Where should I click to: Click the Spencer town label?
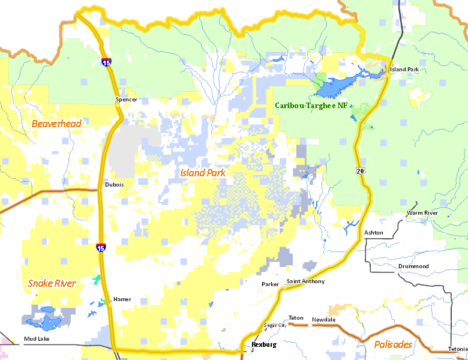pos(126,100)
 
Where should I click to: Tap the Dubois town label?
pos(114,185)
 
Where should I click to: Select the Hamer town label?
pos(122,299)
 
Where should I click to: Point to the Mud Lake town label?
pos(37,339)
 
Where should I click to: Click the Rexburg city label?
pos(263,345)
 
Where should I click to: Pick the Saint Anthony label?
pos(305,281)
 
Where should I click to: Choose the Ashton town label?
pos(373,233)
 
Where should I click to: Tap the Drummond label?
pos(413,266)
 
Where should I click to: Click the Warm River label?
pos(422,213)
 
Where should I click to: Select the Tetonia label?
pos(457,349)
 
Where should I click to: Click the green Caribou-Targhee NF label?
pos(311,106)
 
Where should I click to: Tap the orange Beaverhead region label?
pos(56,124)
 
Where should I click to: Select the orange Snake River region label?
pos(52,283)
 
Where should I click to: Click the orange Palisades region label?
pos(393,344)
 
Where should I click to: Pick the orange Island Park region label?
pos(203,173)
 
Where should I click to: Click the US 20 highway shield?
pos(359,171)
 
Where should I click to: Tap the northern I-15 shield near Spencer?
pos(106,62)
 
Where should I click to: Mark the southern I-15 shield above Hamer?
pos(100,247)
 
